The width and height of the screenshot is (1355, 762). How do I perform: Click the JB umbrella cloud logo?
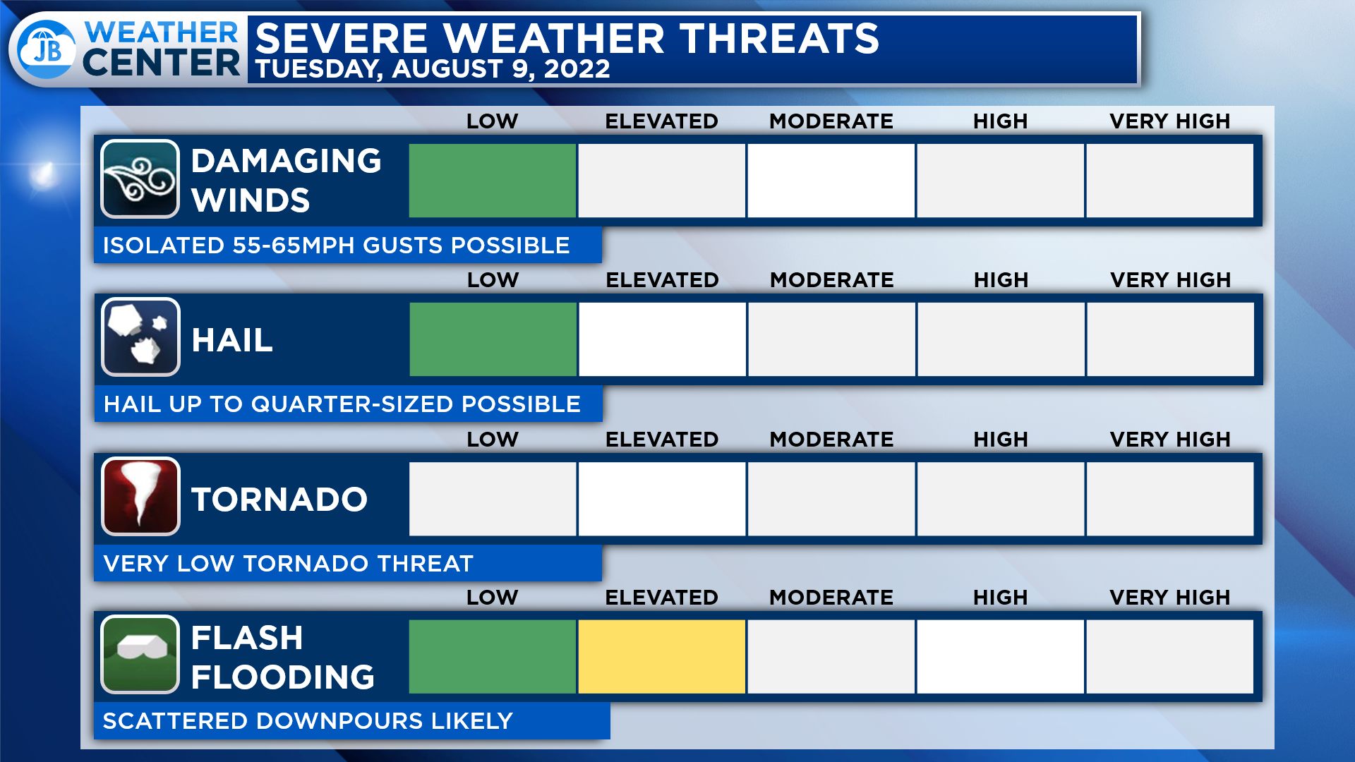(x=47, y=49)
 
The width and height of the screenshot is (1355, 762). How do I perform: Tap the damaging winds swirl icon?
(x=140, y=179)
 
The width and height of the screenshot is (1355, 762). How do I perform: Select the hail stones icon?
(x=140, y=337)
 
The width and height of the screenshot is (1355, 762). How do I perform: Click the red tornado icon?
(x=140, y=496)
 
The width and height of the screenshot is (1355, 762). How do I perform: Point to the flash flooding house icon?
(x=140, y=654)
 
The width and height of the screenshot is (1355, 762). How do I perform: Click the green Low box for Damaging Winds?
(x=493, y=181)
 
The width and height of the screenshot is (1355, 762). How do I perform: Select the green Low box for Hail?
(x=493, y=339)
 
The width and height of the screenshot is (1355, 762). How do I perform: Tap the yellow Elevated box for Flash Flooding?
(x=662, y=657)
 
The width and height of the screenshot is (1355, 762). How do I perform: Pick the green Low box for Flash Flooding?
(x=493, y=657)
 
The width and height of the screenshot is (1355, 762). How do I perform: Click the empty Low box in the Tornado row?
(x=493, y=499)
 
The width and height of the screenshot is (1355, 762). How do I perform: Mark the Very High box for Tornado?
(x=1170, y=499)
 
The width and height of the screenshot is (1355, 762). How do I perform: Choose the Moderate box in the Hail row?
(x=832, y=339)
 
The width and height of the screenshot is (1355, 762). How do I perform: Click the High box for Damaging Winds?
(x=1001, y=181)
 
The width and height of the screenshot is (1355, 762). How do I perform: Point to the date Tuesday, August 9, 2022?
(x=433, y=69)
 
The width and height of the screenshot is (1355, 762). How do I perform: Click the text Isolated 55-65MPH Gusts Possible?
(x=336, y=246)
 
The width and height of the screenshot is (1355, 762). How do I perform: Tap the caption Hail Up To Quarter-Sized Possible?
(x=342, y=404)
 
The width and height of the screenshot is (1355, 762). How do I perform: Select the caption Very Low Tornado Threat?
(x=288, y=564)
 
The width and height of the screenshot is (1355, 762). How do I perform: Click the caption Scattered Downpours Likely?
(x=308, y=721)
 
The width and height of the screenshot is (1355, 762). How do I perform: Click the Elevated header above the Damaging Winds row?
(x=662, y=121)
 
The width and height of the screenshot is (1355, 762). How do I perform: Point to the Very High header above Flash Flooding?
(x=1170, y=598)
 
